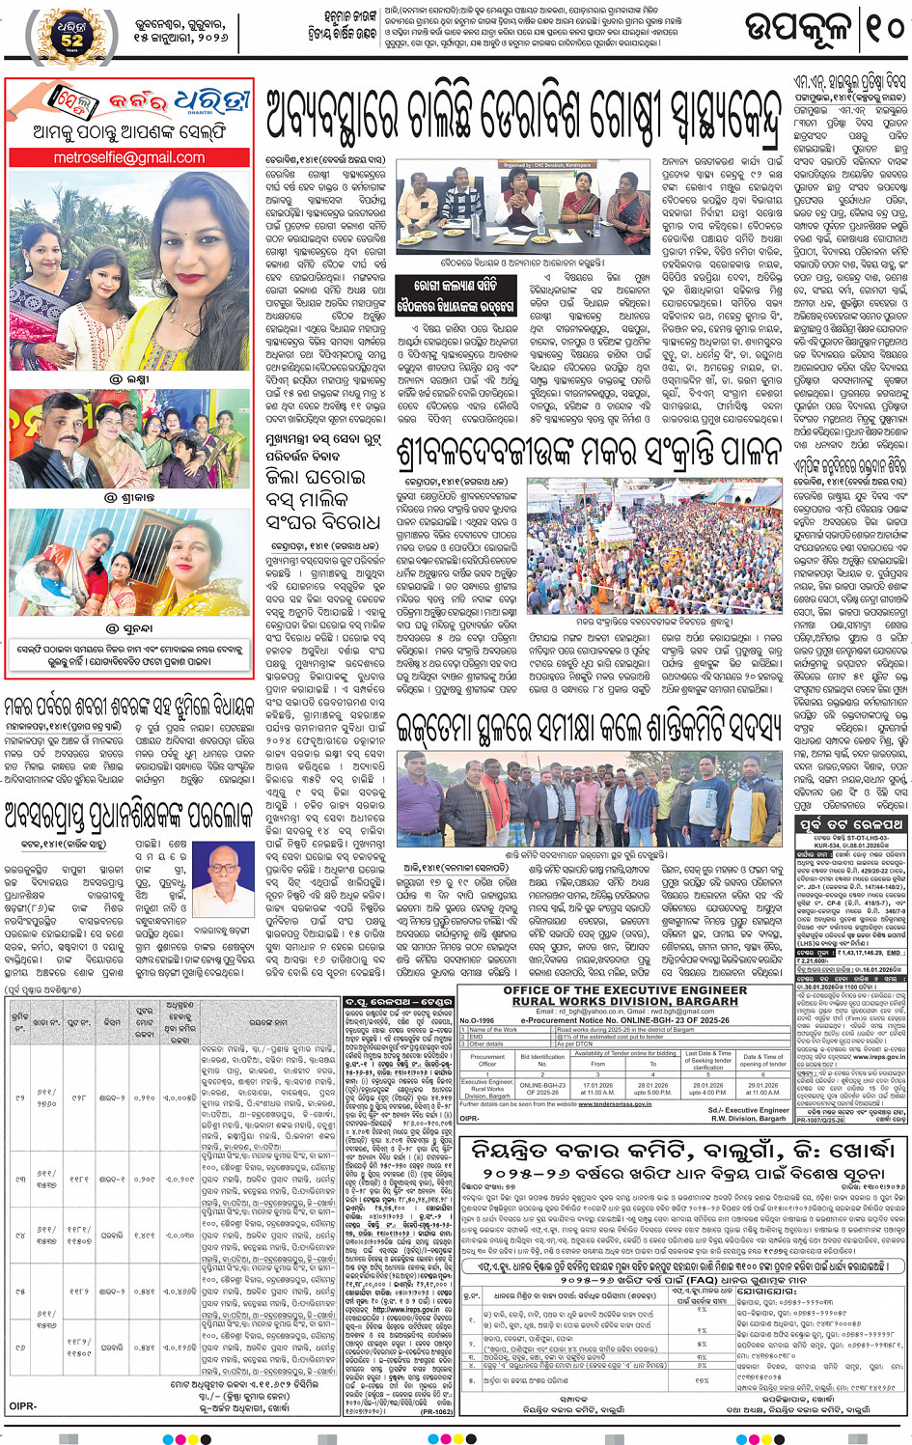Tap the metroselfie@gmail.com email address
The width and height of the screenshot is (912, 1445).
pyautogui.click(x=129, y=157)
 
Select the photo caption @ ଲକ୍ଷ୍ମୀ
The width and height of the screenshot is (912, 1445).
pyautogui.click(x=129, y=379)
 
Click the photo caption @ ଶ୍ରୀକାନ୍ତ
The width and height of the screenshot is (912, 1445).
pyautogui.click(x=129, y=497)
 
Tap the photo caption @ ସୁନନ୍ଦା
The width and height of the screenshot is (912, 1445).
pyautogui.click(x=129, y=628)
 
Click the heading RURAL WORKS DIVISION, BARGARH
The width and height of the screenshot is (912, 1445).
pyautogui.click(x=626, y=1002)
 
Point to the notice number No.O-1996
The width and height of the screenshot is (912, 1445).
pyautogui.click(x=477, y=1020)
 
